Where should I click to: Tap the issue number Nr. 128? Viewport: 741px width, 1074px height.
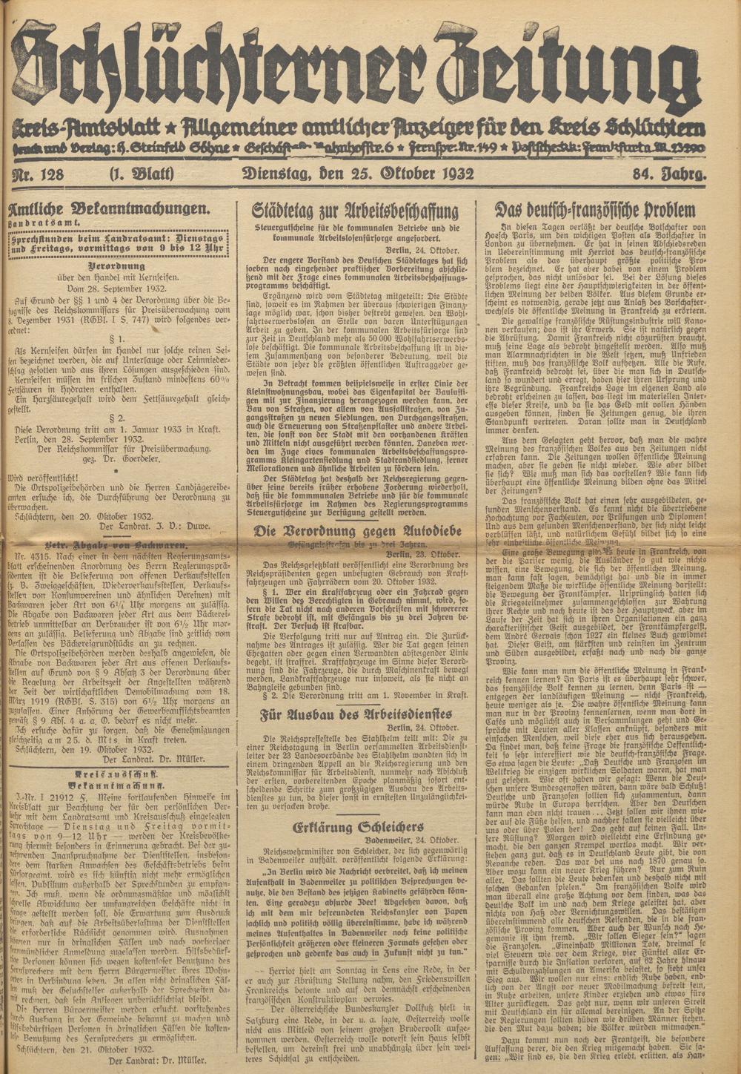click(45, 176)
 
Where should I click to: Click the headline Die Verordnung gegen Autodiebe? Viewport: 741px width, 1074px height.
click(356, 530)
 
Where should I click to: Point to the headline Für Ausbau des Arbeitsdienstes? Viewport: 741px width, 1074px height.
click(356, 715)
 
